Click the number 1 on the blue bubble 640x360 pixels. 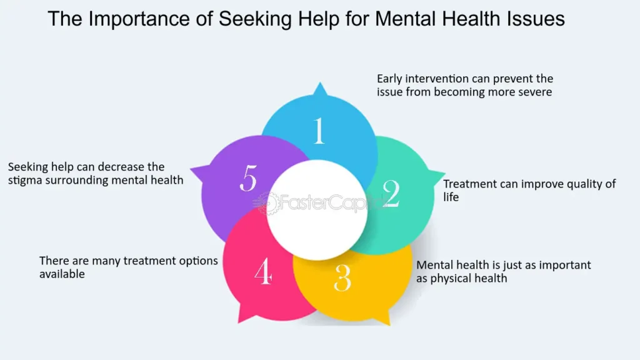point(319,131)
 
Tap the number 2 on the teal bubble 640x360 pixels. point(391,194)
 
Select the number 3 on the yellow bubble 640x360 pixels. point(342,278)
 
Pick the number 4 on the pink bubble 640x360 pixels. point(263,271)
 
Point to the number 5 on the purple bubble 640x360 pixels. point(248,177)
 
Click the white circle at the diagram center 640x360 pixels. point(317,210)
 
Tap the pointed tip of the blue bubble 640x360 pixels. point(320,83)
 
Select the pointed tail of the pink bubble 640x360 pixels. point(239,322)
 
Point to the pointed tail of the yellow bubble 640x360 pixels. point(390,324)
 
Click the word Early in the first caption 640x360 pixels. point(389,79)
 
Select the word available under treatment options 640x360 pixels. point(62,274)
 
